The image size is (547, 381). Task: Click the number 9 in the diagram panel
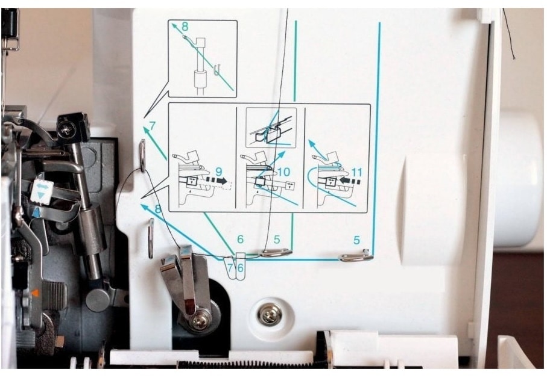(x=219, y=172)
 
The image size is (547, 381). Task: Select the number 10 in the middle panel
(x=284, y=172)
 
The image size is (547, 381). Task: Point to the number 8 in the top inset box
(x=185, y=26)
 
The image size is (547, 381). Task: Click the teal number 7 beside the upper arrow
(x=152, y=126)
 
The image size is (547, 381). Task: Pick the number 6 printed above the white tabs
(x=240, y=240)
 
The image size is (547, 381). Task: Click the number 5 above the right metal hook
(x=356, y=240)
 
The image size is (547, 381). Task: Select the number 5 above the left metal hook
(x=277, y=240)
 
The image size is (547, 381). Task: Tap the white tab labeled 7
(x=230, y=268)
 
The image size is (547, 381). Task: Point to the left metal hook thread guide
(x=276, y=252)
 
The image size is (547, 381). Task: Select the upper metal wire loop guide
(x=143, y=156)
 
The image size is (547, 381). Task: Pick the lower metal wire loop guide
(x=151, y=238)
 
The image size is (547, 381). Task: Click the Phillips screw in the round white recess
(x=270, y=315)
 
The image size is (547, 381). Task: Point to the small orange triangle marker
(x=34, y=293)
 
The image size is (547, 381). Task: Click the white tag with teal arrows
(x=41, y=191)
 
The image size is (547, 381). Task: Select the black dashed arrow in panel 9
(x=217, y=181)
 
